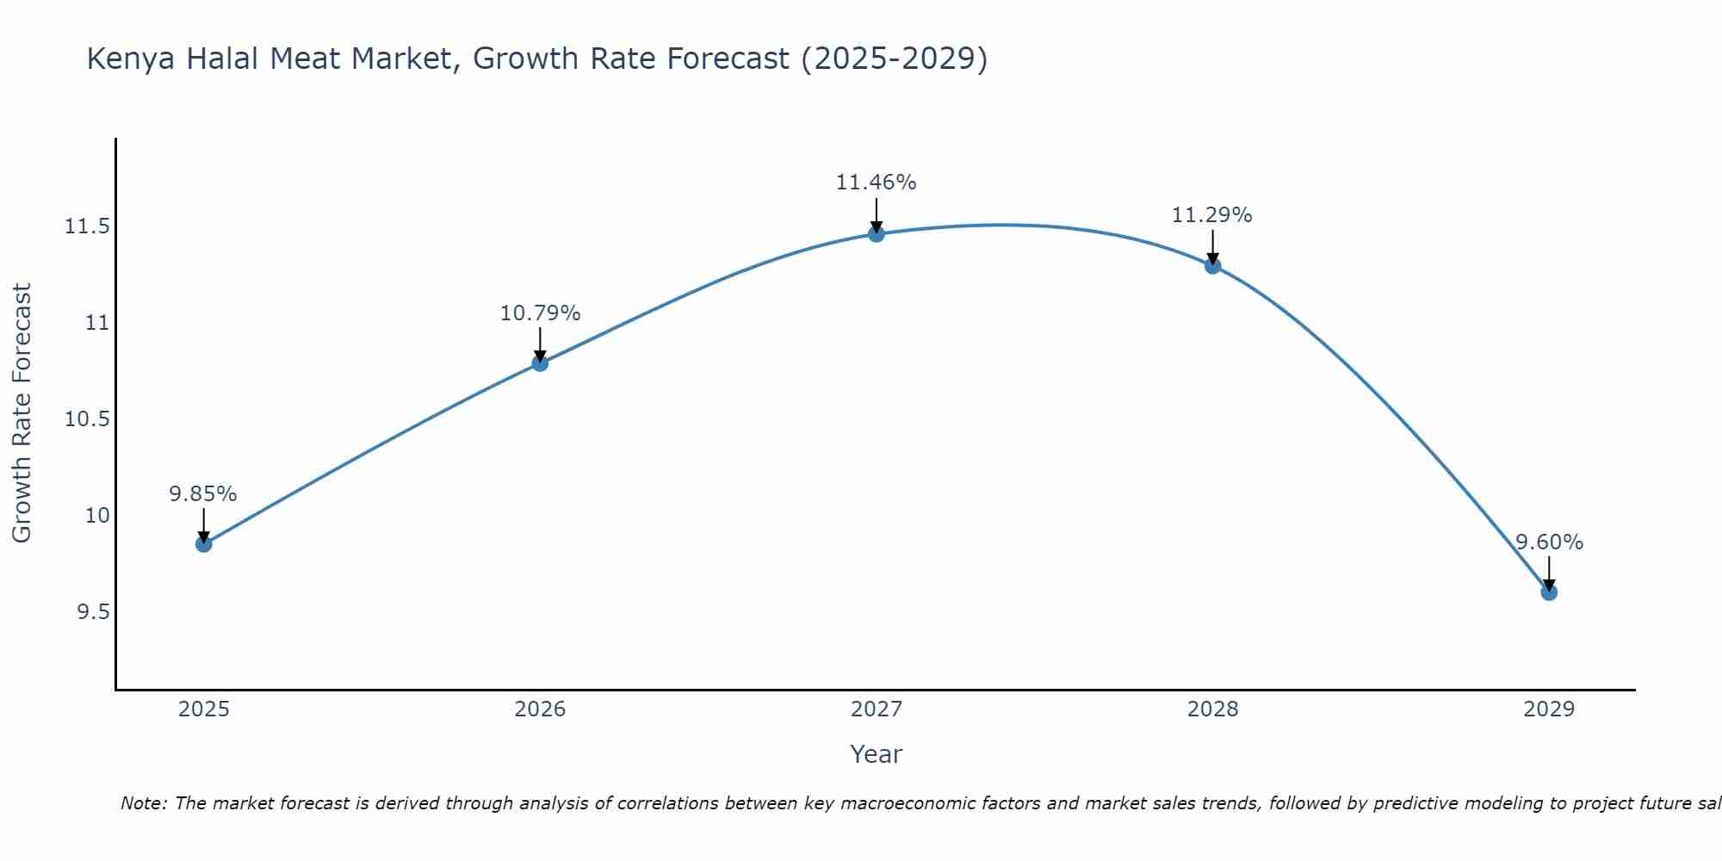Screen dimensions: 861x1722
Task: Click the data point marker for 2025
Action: [203, 544]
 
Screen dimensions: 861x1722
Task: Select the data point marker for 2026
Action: [540, 363]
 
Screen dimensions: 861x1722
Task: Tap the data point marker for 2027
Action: [876, 234]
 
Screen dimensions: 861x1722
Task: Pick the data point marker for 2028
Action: [1212, 266]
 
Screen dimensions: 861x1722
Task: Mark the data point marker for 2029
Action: [1549, 592]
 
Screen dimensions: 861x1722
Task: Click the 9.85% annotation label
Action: [203, 494]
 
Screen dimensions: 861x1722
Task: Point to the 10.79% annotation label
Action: [540, 313]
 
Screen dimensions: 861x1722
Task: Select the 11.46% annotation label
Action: [876, 183]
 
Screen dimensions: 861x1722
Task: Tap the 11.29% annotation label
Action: [1212, 215]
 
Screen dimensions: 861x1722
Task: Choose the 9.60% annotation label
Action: [1549, 542]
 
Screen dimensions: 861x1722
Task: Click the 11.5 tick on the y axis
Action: [87, 227]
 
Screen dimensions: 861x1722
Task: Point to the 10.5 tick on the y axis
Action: [87, 419]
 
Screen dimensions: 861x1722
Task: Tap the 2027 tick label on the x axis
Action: [876, 709]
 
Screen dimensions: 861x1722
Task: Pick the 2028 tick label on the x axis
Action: [1212, 709]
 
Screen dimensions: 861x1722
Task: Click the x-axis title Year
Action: [876, 754]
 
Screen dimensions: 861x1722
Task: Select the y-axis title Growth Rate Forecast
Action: [22, 413]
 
